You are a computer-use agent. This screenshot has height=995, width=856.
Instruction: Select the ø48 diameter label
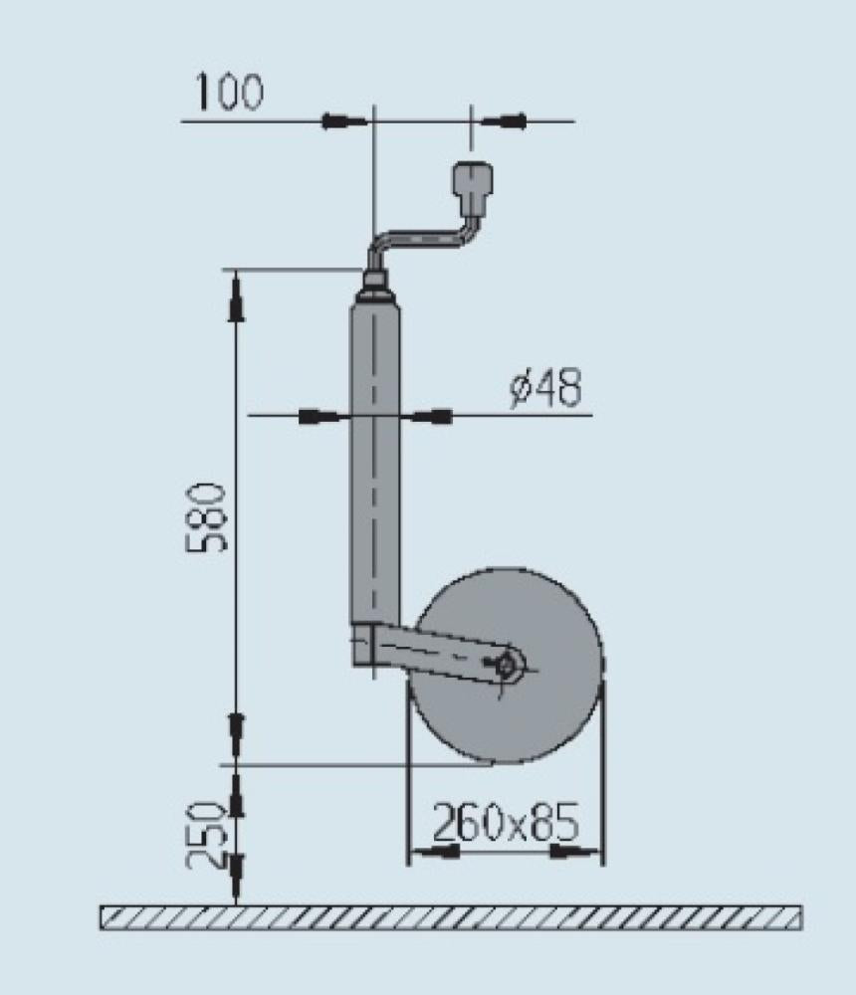(545, 389)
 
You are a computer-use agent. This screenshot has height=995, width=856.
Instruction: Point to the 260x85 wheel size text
(505, 823)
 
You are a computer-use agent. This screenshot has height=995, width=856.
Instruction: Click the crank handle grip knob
(472, 183)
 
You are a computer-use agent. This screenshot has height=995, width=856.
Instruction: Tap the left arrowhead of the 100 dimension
(344, 121)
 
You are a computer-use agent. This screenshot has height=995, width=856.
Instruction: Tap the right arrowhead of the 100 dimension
(504, 121)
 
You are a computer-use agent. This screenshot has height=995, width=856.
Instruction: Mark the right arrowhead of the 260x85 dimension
(576, 852)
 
